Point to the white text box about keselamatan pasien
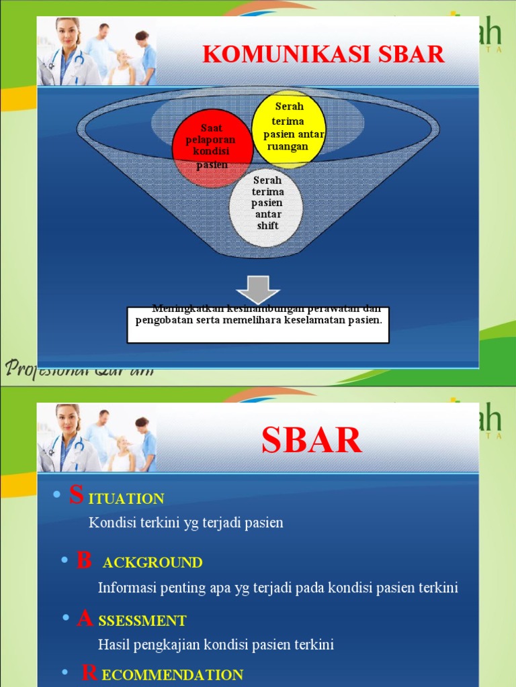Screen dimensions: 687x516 pyautogui.click(x=258, y=324)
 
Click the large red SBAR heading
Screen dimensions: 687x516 pyautogui.click(x=311, y=441)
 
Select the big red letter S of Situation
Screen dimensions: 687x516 pyautogui.click(x=77, y=496)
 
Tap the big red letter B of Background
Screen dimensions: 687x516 pyautogui.click(x=84, y=560)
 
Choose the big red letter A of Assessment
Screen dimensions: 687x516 pyautogui.click(x=85, y=619)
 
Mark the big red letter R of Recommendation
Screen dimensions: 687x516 pyautogui.click(x=89, y=674)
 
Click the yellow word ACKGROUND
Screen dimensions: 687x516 pyautogui.click(x=153, y=563)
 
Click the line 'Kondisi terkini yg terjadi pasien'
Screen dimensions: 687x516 pyautogui.click(x=186, y=523)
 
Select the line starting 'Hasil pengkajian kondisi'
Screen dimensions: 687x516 pyautogui.click(x=216, y=645)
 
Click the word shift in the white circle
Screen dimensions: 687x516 pyautogui.click(x=267, y=226)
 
